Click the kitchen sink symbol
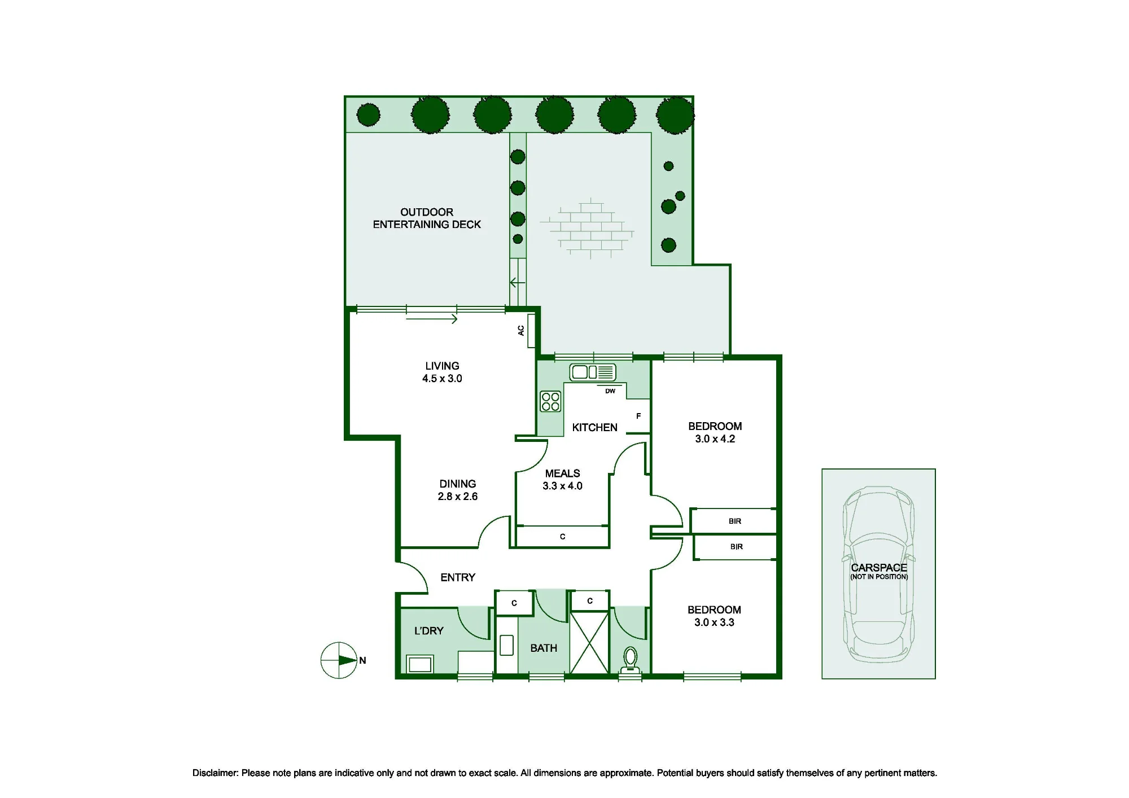[592, 372]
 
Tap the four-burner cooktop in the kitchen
[550, 401]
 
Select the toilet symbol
[630, 661]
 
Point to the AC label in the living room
[521, 331]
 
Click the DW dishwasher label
[610, 391]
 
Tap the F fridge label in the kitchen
[638, 416]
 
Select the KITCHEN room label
[594, 427]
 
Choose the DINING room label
[458, 484]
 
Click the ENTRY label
[458, 577]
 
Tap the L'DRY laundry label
[429, 630]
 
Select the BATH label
[544, 648]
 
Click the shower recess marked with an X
[589, 642]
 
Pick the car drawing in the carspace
[878, 574]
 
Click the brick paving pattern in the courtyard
[587, 228]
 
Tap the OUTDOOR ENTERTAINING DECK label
[427, 218]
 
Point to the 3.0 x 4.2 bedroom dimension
[715, 439]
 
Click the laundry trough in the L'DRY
[420, 664]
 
